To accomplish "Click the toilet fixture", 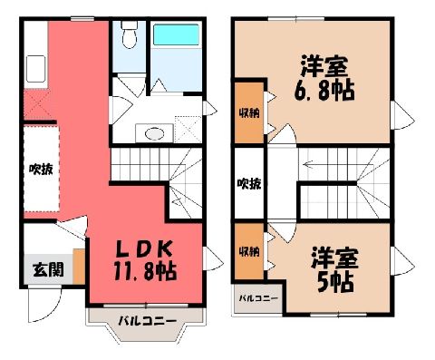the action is (130, 34).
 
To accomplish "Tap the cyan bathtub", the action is (176, 34).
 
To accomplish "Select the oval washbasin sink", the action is (155, 133).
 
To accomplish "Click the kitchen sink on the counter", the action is (35, 69).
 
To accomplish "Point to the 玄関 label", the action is (48, 269).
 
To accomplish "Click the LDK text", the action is (145, 249).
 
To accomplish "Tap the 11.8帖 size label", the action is (145, 271).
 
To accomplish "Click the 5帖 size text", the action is (335, 282).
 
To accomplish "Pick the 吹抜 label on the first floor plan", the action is (41, 170).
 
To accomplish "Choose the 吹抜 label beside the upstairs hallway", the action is (249, 183).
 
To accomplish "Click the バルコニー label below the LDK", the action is (147, 321).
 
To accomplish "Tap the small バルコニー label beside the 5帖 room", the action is (258, 298).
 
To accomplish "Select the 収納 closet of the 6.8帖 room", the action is (249, 113).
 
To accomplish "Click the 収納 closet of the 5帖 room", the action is (249, 251).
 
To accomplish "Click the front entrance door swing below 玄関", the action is (44, 304).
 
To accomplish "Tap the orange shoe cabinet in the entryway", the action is (79, 267).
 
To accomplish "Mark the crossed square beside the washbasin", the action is (188, 130).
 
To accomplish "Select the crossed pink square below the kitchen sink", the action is (38, 104).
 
